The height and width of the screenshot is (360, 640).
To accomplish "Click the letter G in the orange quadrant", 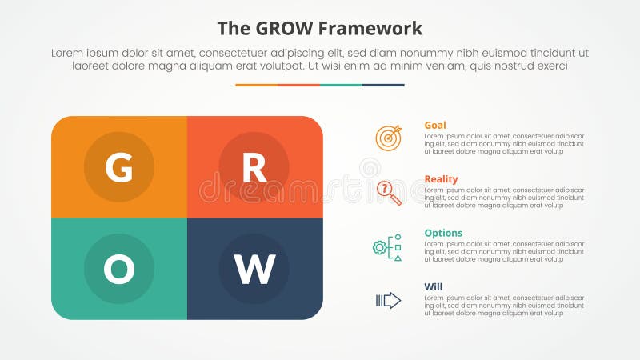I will tap(119, 167).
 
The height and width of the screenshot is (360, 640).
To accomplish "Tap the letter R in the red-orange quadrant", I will tap(254, 167).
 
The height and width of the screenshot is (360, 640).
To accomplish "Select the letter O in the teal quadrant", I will tap(119, 270).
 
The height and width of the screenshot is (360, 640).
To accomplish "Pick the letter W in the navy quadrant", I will tap(254, 270).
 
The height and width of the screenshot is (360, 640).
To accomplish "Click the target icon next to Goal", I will tap(389, 138).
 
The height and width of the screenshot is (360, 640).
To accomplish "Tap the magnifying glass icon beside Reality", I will tap(389, 192).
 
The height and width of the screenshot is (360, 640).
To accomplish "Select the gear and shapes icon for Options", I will tap(388, 246).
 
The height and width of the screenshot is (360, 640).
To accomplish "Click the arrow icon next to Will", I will tap(388, 300).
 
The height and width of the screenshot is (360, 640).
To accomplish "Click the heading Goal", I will tap(435, 125).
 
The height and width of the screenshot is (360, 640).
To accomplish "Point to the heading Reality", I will tap(441, 179).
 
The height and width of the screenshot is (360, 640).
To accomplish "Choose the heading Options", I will tap(443, 233).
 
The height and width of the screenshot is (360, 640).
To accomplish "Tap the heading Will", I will tap(433, 286).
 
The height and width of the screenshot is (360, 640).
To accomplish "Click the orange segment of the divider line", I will tap(256, 85).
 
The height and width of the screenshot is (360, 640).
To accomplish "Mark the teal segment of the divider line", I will tap(341, 85).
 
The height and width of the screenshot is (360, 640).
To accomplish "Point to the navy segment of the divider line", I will tap(383, 85).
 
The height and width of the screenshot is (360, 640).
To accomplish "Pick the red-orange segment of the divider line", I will tap(298, 85).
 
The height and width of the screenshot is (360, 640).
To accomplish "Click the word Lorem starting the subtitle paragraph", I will tap(67, 52).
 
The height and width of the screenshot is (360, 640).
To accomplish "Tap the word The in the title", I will tap(233, 29).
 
